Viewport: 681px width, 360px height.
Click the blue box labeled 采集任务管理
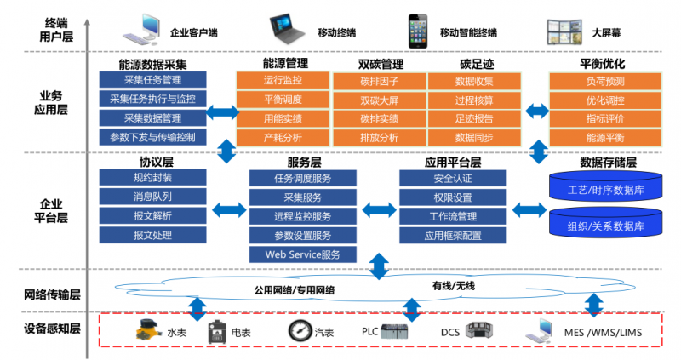[152, 81]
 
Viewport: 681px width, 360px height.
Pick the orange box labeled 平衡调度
[283, 100]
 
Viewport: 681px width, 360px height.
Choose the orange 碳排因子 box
[379, 82]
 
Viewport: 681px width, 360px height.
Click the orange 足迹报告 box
[474, 118]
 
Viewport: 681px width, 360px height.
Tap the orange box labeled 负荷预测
[604, 81]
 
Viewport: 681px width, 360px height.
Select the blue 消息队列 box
[152, 197]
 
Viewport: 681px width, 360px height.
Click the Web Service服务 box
[303, 254]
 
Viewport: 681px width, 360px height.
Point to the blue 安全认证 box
[453, 179]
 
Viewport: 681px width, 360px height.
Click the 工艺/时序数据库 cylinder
[605, 186]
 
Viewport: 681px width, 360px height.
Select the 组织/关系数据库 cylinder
[605, 225]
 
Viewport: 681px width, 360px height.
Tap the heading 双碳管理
[380, 64]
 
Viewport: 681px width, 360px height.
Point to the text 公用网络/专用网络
[295, 289]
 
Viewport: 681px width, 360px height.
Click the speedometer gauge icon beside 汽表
[300, 331]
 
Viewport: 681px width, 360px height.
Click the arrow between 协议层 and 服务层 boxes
[228, 209]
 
